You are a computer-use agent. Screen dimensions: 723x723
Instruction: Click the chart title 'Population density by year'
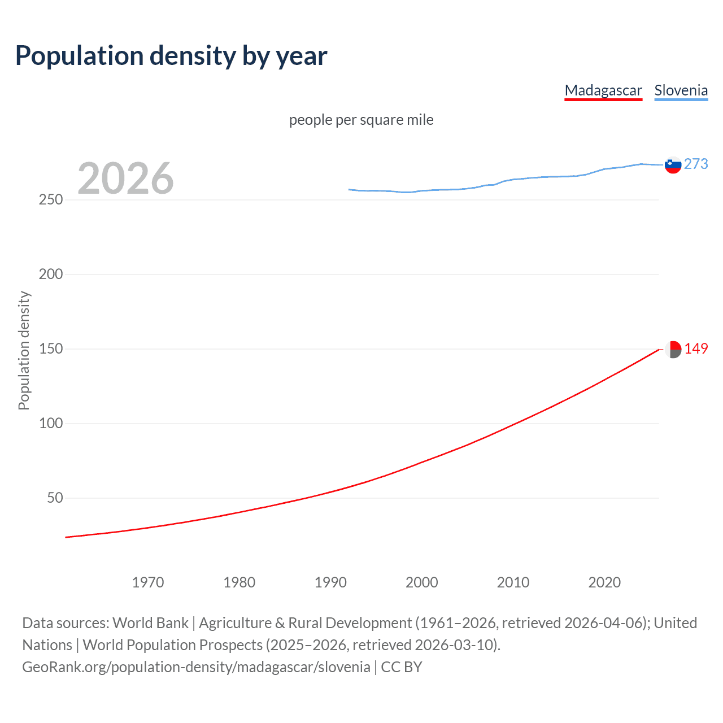pyautogui.click(x=171, y=56)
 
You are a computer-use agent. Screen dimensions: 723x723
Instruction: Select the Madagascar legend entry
pyautogui.click(x=603, y=90)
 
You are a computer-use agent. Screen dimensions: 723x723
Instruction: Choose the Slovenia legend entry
pyautogui.click(x=681, y=90)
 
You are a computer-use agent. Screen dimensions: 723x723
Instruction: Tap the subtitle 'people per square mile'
pyautogui.click(x=361, y=120)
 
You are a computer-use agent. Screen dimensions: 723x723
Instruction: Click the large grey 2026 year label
pyautogui.click(x=125, y=178)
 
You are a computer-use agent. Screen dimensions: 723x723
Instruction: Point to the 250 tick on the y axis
pyautogui.click(x=51, y=200)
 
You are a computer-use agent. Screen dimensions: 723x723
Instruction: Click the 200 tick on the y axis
pyautogui.click(x=51, y=275)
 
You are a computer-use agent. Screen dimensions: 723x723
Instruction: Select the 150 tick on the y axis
pyautogui.click(x=51, y=349)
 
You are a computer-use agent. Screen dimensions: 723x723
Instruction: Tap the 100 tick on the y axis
pyautogui.click(x=51, y=424)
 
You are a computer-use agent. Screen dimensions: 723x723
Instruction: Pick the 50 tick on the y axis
pyautogui.click(x=55, y=498)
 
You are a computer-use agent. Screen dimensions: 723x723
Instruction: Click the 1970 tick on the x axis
pyautogui.click(x=148, y=582)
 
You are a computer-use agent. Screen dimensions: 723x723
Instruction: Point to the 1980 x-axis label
pyautogui.click(x=239, y=582)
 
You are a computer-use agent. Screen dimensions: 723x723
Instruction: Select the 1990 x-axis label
pyautogui.click(x=330, y=582)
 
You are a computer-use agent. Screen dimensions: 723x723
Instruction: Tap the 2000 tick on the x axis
pyautogui.click(x=422, y=582)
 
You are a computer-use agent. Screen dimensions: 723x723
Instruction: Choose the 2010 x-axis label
pyautogui.click(x=513, y=582)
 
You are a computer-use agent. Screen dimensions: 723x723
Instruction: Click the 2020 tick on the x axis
pyautogui.click(x=604, y=582)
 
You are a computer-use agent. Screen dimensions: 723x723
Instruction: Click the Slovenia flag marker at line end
pyautogui.click(x=673, y=165)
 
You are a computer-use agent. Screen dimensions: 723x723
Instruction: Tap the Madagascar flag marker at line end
pyautogui.click(x=673, y=349)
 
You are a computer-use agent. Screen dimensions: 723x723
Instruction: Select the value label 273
pyautogui.click(x=696, y=164)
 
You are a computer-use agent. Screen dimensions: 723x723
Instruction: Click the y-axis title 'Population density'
pyautogui.click(x=24, y=350)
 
